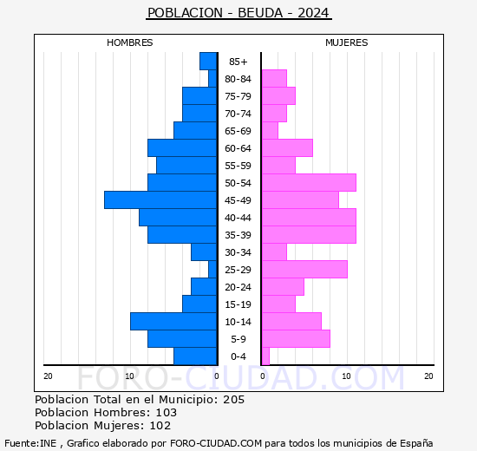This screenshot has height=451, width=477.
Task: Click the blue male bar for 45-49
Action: (x=160, y=200)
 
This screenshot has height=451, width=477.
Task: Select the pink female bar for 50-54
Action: (x=309, y=183)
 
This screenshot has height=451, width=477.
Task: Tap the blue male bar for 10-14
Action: (x=173, y=322)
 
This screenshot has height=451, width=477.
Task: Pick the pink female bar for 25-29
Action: (x=304, y=270)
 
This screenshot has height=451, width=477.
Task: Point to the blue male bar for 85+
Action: (x=208, y=62)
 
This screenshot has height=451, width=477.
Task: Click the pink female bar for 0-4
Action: (x=265, y=356)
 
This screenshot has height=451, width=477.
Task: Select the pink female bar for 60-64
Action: (x=287, y=148)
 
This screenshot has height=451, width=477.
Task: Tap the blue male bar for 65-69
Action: (x=195, y=131)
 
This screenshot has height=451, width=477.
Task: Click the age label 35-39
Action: (x=238, y=235)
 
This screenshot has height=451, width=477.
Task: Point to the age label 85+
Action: (x=238, y=62)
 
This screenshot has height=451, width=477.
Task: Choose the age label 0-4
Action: (x=238, y=356)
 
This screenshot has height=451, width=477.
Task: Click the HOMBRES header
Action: (x=130, y=42)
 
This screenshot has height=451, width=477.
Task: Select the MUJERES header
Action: (x=347, y=42)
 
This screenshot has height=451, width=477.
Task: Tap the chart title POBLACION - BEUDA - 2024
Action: (x=238, y=13)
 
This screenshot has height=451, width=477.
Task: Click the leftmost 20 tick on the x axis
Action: (x=48, y=376)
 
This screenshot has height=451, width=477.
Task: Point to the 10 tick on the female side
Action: (x=346, y=376)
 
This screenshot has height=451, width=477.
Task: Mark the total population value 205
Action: (x=233, y=400)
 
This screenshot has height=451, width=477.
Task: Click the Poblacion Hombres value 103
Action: (x=166, y=413)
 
